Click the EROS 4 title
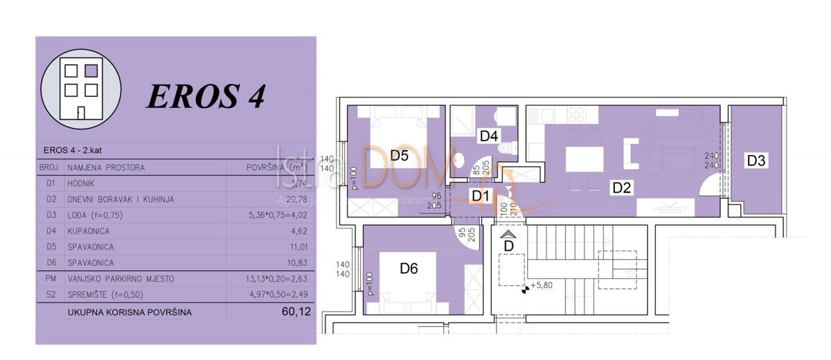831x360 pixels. [x=206, y=96]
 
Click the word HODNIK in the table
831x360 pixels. [x=82, y=183]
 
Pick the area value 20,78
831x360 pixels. [x=296, y=199]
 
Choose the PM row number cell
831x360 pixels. [x=48, y=279]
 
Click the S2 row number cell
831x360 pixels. [x=48, y=295]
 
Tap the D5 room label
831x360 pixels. [x=398, y=156]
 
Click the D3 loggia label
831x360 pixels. [x=756, y=161]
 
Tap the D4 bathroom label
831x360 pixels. [x=489, y=136]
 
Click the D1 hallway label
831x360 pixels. [x=481, y=196]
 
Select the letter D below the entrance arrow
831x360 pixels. [x=508, y=245]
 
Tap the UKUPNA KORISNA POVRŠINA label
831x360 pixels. [x=129, y=312]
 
